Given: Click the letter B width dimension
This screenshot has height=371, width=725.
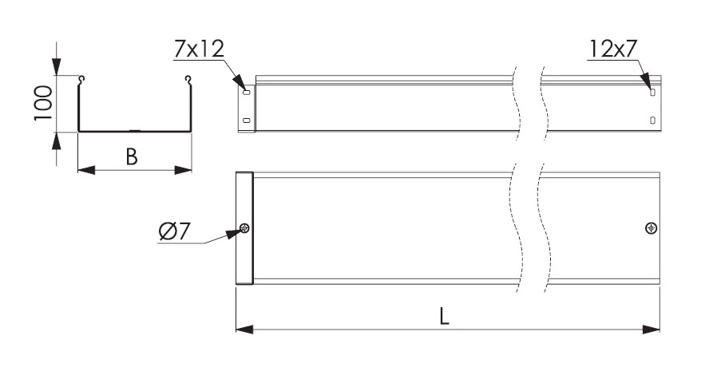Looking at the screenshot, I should coord(132,156).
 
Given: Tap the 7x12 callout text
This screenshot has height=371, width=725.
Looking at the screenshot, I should coord(198,50).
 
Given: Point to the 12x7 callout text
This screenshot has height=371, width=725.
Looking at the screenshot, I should coord(613,50).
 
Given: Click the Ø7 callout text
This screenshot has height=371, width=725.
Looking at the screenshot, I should coord(174,231).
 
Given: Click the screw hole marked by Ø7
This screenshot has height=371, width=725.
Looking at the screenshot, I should coord(244,230).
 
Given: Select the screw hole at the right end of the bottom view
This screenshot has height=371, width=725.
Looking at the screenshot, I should coord(652,230).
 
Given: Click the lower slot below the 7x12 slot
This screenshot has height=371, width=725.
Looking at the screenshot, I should coord(245,121).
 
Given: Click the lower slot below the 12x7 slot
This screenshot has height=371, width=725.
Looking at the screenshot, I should coord(652,120).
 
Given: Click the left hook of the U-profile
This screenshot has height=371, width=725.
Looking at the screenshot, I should coord(81,78).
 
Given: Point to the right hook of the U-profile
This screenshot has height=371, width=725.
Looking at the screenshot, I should coord(188,78).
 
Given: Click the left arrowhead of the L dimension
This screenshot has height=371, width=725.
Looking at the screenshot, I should coord(241,329).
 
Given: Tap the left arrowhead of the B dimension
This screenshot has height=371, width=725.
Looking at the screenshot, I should coord(83,169).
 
